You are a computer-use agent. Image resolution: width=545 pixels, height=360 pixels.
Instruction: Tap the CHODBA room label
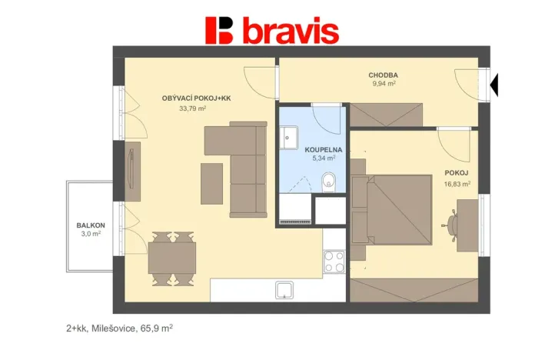point(382,75)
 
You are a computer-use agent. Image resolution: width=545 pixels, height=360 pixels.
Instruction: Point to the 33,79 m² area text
point(192,108)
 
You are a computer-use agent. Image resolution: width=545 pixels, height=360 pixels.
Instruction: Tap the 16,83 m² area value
point(457,184)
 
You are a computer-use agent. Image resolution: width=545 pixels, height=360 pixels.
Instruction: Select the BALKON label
point(90,225)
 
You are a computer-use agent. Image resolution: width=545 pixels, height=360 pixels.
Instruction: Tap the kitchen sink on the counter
point(284,290)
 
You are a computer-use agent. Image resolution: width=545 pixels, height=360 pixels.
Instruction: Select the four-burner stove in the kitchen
point(334,262)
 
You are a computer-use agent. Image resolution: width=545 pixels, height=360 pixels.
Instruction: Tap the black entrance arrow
point(494,82)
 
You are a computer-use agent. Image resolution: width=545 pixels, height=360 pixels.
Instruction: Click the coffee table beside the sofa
point(211,184)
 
